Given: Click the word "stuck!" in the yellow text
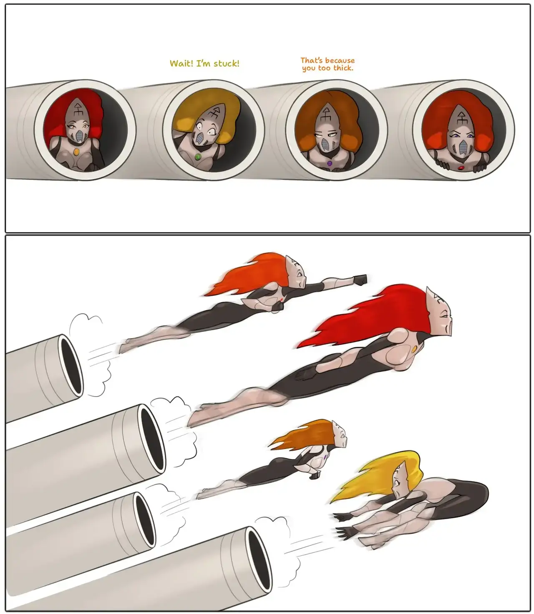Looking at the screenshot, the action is click(227, 64).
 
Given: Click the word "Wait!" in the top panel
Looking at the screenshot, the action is click(182, 64).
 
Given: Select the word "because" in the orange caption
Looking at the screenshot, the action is click(340, 60).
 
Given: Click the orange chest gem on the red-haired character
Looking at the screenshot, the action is click(76, 151).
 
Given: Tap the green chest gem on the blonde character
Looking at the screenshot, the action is click(197, 156).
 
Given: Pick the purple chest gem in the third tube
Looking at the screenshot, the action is click(330, 164).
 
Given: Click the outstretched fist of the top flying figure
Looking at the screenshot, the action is click(360, 280).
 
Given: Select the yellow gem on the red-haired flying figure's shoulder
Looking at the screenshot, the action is click(414, 349).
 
